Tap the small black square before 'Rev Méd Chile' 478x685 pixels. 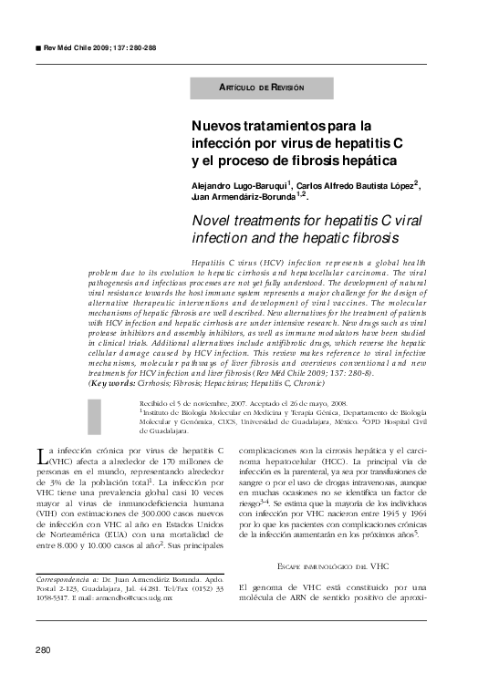[37, 46]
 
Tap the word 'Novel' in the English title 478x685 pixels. [213, 221]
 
